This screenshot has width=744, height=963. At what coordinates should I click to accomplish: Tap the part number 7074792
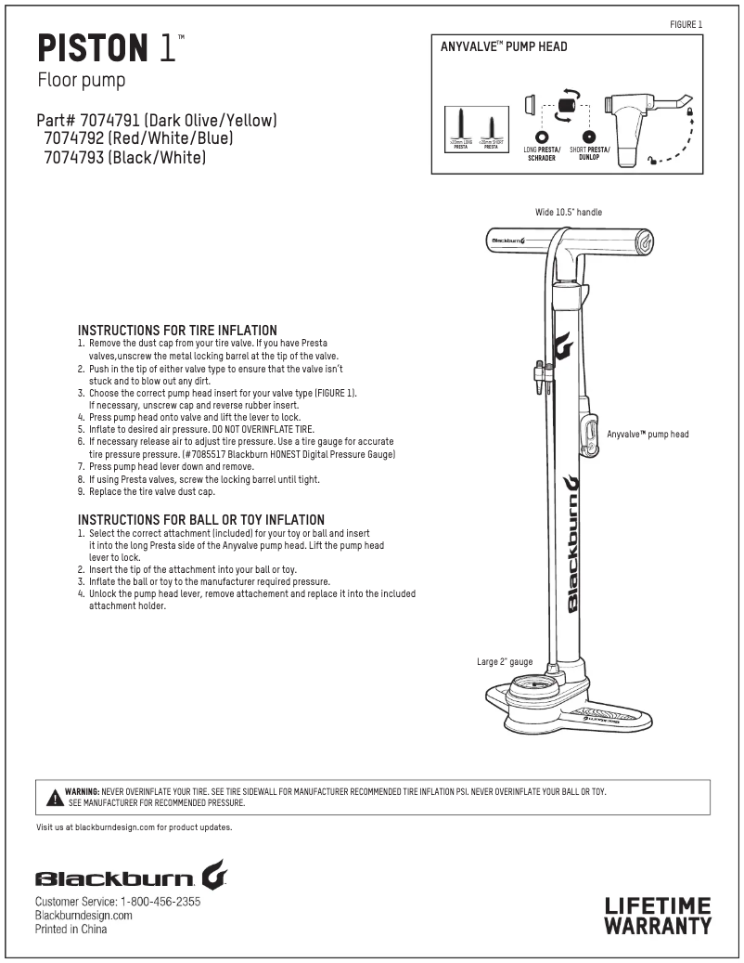[77, 138]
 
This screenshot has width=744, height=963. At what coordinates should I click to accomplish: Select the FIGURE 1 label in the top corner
[686, 23]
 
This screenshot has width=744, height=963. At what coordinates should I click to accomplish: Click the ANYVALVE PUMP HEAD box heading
[504, 46]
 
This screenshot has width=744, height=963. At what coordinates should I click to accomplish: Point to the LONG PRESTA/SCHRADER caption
[542, 153]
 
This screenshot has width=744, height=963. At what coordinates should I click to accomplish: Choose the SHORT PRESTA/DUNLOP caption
[589, 153]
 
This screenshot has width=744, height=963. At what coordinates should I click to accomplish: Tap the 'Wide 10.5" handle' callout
[568, 213]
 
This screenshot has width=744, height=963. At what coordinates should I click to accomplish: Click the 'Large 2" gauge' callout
[505, 662]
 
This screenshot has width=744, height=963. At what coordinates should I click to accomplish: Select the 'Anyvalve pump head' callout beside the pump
[648, 434]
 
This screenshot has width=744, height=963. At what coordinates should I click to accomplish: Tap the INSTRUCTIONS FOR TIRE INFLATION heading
[177, 330]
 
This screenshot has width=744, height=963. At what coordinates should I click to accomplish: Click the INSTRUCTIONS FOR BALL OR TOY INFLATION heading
[200, 519]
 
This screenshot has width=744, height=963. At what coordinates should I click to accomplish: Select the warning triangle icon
[55, 797]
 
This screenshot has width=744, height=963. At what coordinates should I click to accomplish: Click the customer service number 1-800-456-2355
[160, 902]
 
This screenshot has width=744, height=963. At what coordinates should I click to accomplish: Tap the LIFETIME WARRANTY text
[658, 915]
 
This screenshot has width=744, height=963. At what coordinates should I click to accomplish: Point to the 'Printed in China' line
[71, 929]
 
